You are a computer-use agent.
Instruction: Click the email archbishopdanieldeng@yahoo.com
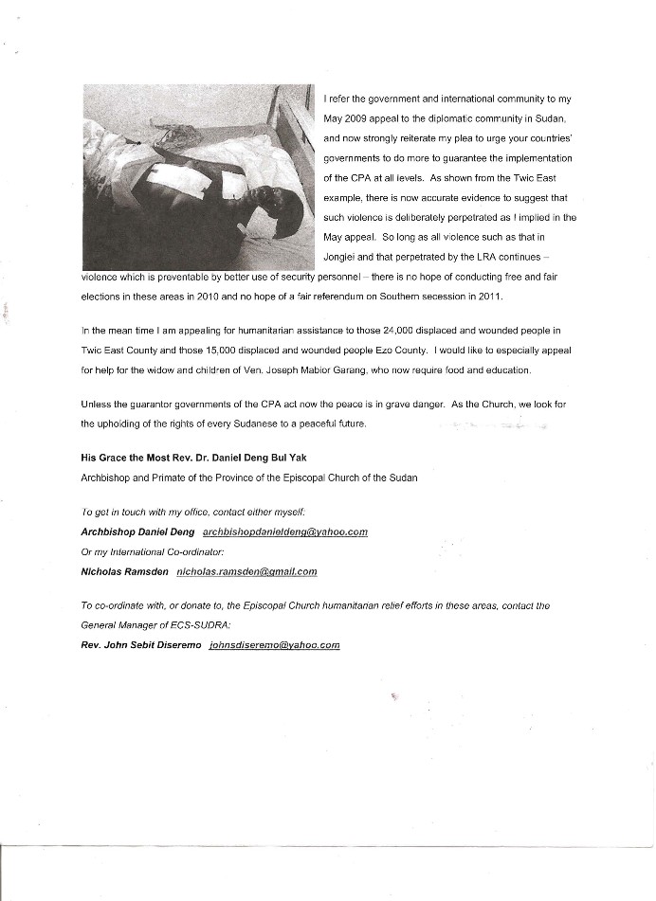(285, 532)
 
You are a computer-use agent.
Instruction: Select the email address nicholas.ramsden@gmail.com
(246, 571)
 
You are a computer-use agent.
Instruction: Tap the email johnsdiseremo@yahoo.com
(274, 645)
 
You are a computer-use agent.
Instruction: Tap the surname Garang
(300, 369)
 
